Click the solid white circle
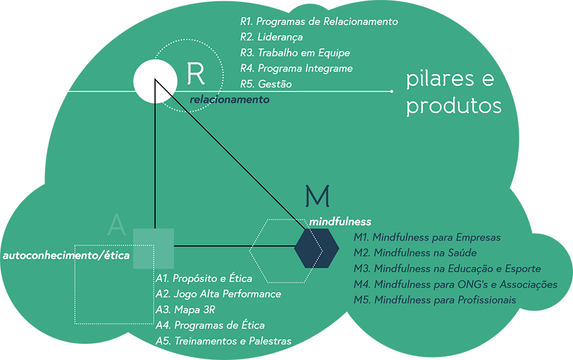(x=156, y=81)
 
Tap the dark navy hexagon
(x=316, y=247)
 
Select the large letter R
(x=196, y=73)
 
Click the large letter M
(x=317, y=196)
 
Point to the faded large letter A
(x=116, y=224)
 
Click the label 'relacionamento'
(x=229, y=99)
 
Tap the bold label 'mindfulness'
(x=340, y=222)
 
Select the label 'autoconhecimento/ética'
(x=66, y=256)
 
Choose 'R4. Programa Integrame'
(x=296, y=69)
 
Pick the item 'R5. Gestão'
(x=266, y=84)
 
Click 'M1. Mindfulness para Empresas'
(x=427, y=238)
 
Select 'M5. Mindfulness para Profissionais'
(x=435, y=300)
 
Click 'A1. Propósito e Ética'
(x=204, y=279)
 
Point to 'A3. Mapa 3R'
(x=185, y=310)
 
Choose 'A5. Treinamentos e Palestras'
(x=223, y=341)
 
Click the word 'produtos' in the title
(x=454, y=106)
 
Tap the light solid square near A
(x=153, y=248)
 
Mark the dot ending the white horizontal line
(x=392, y=91)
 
